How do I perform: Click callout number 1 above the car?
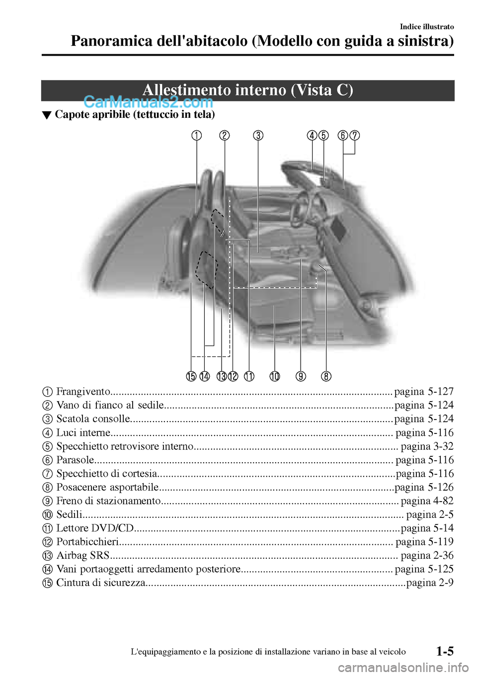(197, 135)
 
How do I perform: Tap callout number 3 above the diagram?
(258, 135)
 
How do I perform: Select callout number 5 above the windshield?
(323, 135)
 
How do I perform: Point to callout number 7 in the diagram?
(355, 135)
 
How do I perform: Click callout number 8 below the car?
(326, 376)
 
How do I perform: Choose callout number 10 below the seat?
(275, 376)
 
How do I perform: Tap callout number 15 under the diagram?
(191, 376)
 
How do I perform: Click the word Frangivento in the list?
(83, 392)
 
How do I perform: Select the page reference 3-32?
(427, 446)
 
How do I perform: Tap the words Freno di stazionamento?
(108, 501)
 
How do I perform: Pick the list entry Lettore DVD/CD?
(95, 528)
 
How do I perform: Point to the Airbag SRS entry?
(82, 556)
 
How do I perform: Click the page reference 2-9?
(430, 583)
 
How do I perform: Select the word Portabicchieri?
(87, 542)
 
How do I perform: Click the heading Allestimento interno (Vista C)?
(247, 90)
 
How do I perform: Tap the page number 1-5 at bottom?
(445, 651)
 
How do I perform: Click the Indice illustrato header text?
(427, 27)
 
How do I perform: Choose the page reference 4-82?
(427, 501)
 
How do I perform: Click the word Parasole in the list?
(75, 460)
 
